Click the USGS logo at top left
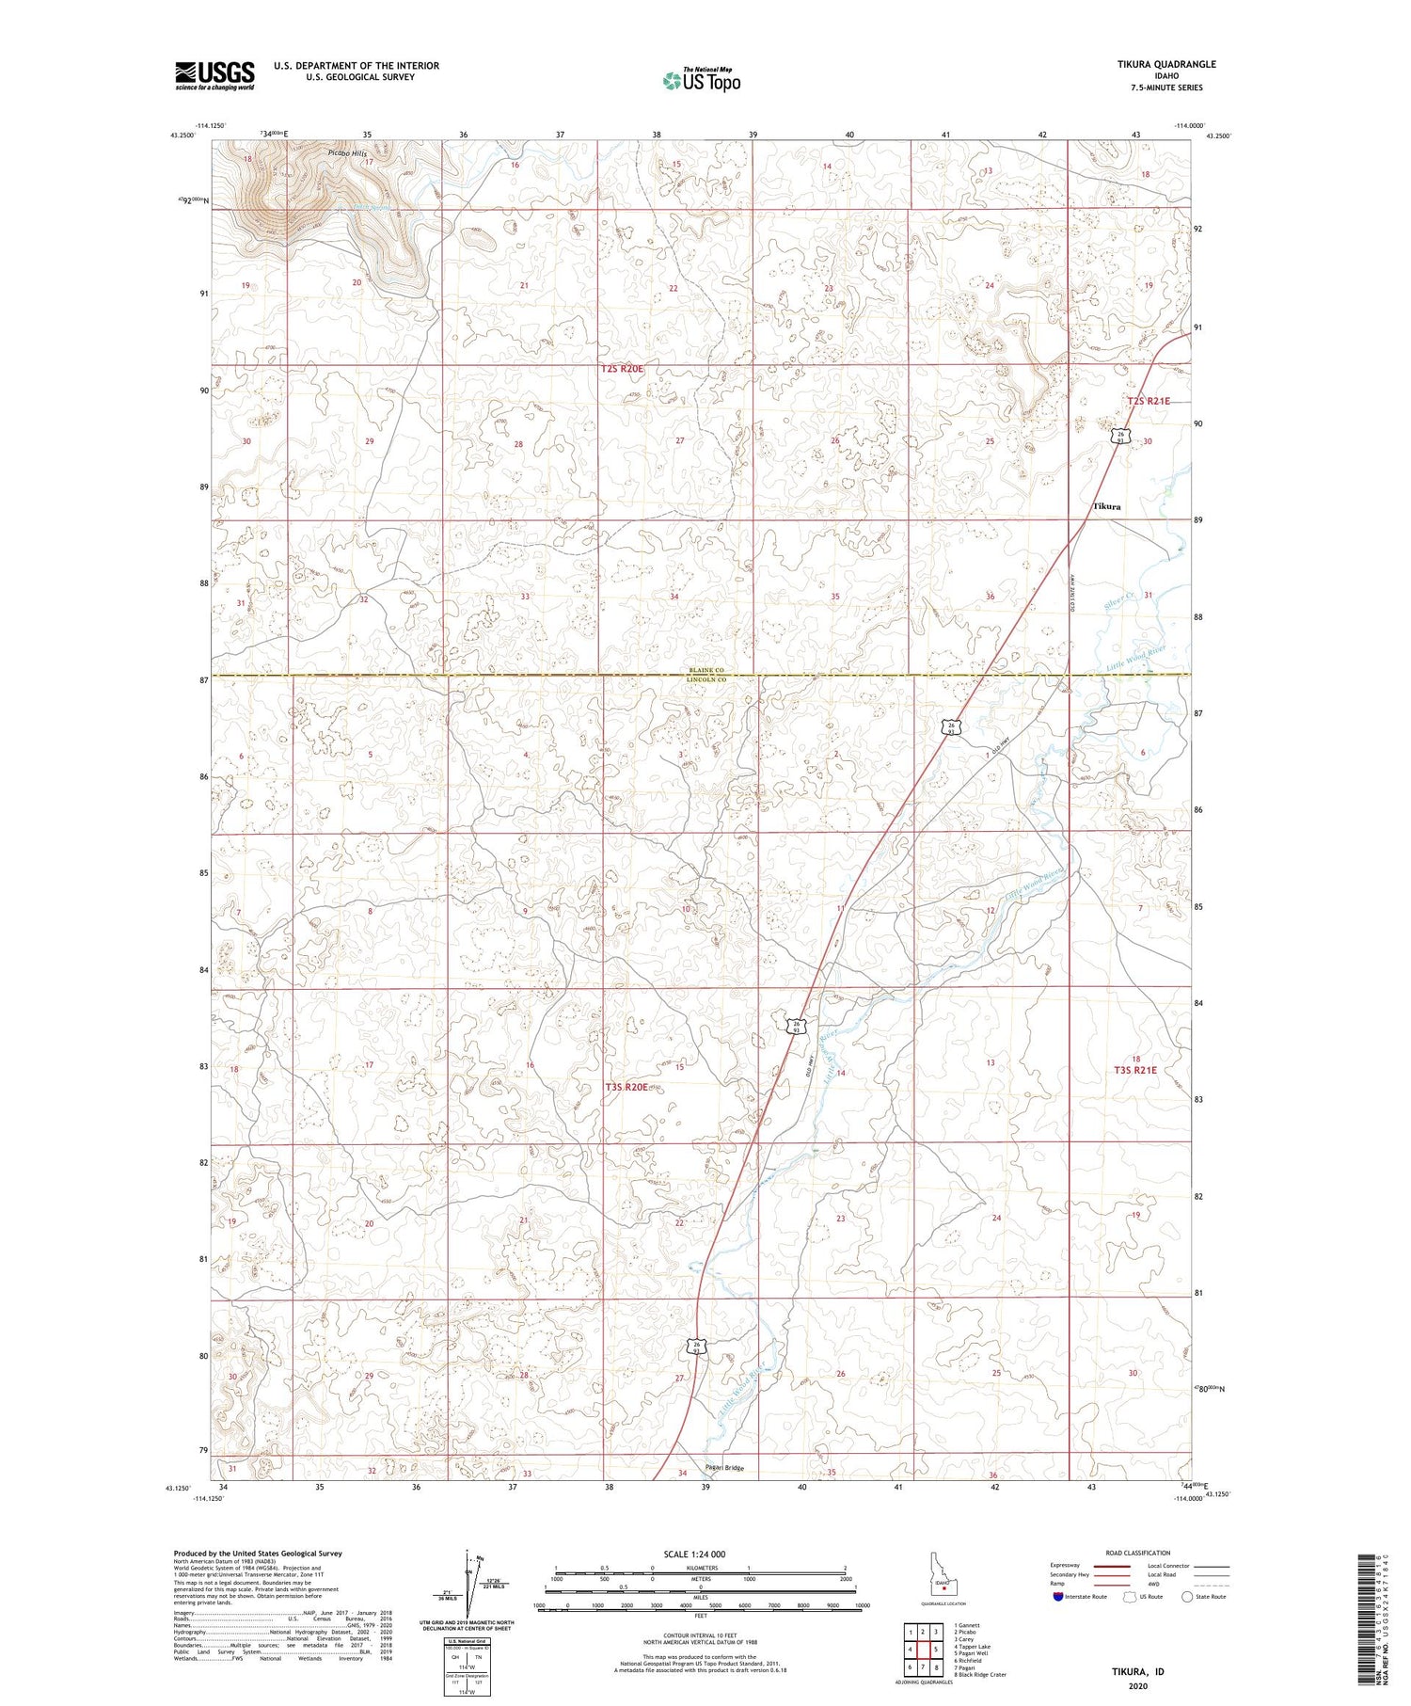(x=214, y=75)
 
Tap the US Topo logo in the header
(x=701, y=80)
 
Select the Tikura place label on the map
(x=1106, y=506)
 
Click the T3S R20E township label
(x=626, y=1087)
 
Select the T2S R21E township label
(x=1149, y=401)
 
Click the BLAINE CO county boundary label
(x=706, y=671)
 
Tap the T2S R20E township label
(x=622, y=370)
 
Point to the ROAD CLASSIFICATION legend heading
(x=1137, y=1553)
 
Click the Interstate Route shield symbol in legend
(x=1058, y=1597)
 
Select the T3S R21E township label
(x=1135, y=1070)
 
